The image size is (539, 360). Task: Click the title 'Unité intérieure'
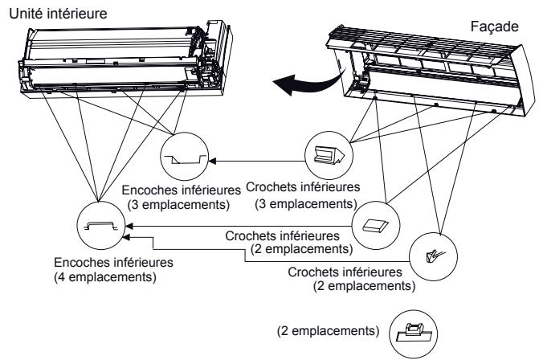[x=58, y=14]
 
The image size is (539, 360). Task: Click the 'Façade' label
[x=494, y=27]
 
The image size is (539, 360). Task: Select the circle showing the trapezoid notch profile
[x=185, y=133]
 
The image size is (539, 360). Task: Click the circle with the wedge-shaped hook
[x=329, y=132]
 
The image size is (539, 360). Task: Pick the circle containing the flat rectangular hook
[x=376, y=202]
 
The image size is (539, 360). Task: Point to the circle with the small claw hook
[x=433, y=233]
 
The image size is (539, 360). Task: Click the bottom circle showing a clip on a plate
[x=413, y=310]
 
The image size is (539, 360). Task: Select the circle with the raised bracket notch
[x=101, y=202]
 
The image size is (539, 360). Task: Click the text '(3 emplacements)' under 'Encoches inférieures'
[x=178, y=205]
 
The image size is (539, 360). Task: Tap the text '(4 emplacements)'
[x=105, y=276]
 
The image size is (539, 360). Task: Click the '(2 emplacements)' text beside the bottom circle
[x=329, y=331]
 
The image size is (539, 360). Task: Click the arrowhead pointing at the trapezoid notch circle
[x=212, y=161]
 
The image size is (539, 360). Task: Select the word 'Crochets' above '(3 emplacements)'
[x=272, y=187]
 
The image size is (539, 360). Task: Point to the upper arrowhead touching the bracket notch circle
[x=129, y=227]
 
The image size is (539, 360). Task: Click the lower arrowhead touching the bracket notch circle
[x=126, y=237]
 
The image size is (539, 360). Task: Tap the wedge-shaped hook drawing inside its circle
[x=329, y=155]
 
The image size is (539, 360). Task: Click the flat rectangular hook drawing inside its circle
[x=375, y=226]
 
